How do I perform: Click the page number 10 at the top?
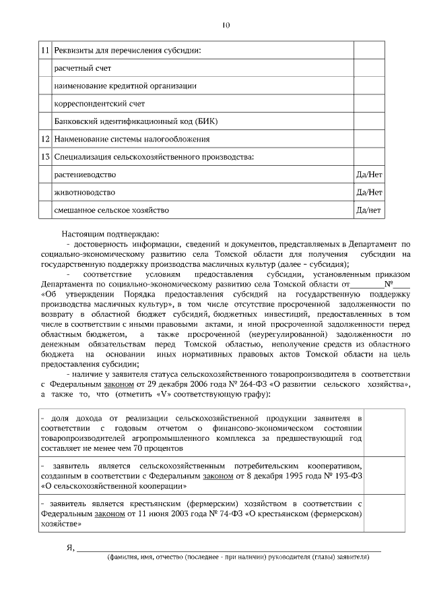click(x=226, y=26)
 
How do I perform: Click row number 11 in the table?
click(x=45, y=51)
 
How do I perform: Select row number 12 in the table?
click(x=45, y=139)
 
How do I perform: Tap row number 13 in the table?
click(x=45, y=156)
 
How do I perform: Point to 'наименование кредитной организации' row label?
click(x=125, y=86)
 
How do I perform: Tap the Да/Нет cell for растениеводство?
click(x=369, y=175)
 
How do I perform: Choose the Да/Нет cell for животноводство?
click(x=369, y=192)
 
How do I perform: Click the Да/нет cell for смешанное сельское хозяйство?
click(x=369, y=210)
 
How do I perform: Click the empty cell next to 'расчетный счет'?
click(x=369, y=69)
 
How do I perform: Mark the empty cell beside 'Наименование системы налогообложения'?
click(x=369, y=139)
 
